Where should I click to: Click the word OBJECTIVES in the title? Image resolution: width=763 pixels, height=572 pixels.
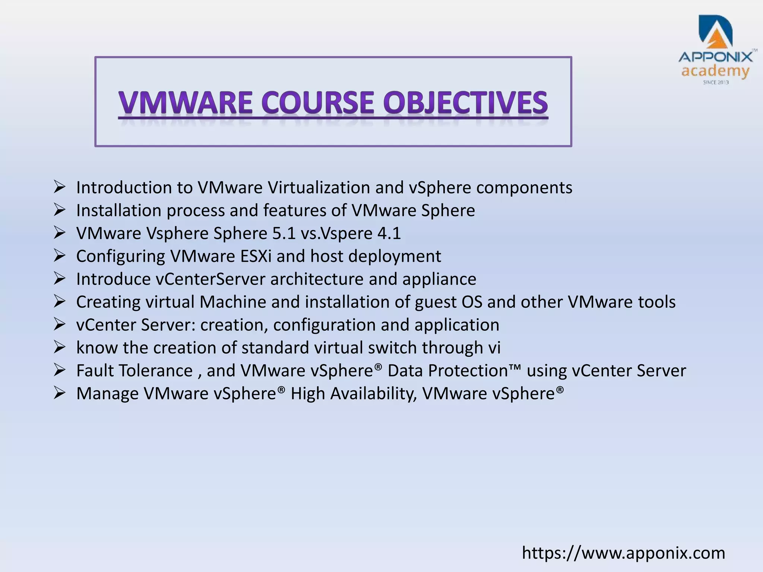[x=466, y=103]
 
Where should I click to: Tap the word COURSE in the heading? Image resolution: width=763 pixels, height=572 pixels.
[x=317, y=103]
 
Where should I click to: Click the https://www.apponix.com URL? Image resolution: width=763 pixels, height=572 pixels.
[x=623, y=553]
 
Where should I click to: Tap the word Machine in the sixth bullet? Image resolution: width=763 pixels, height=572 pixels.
[x=232, y=302]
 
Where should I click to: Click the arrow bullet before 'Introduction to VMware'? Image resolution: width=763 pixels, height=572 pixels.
[x=59, y=187]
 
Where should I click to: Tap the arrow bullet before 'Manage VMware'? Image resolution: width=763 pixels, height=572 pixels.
[x=59, y=393]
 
